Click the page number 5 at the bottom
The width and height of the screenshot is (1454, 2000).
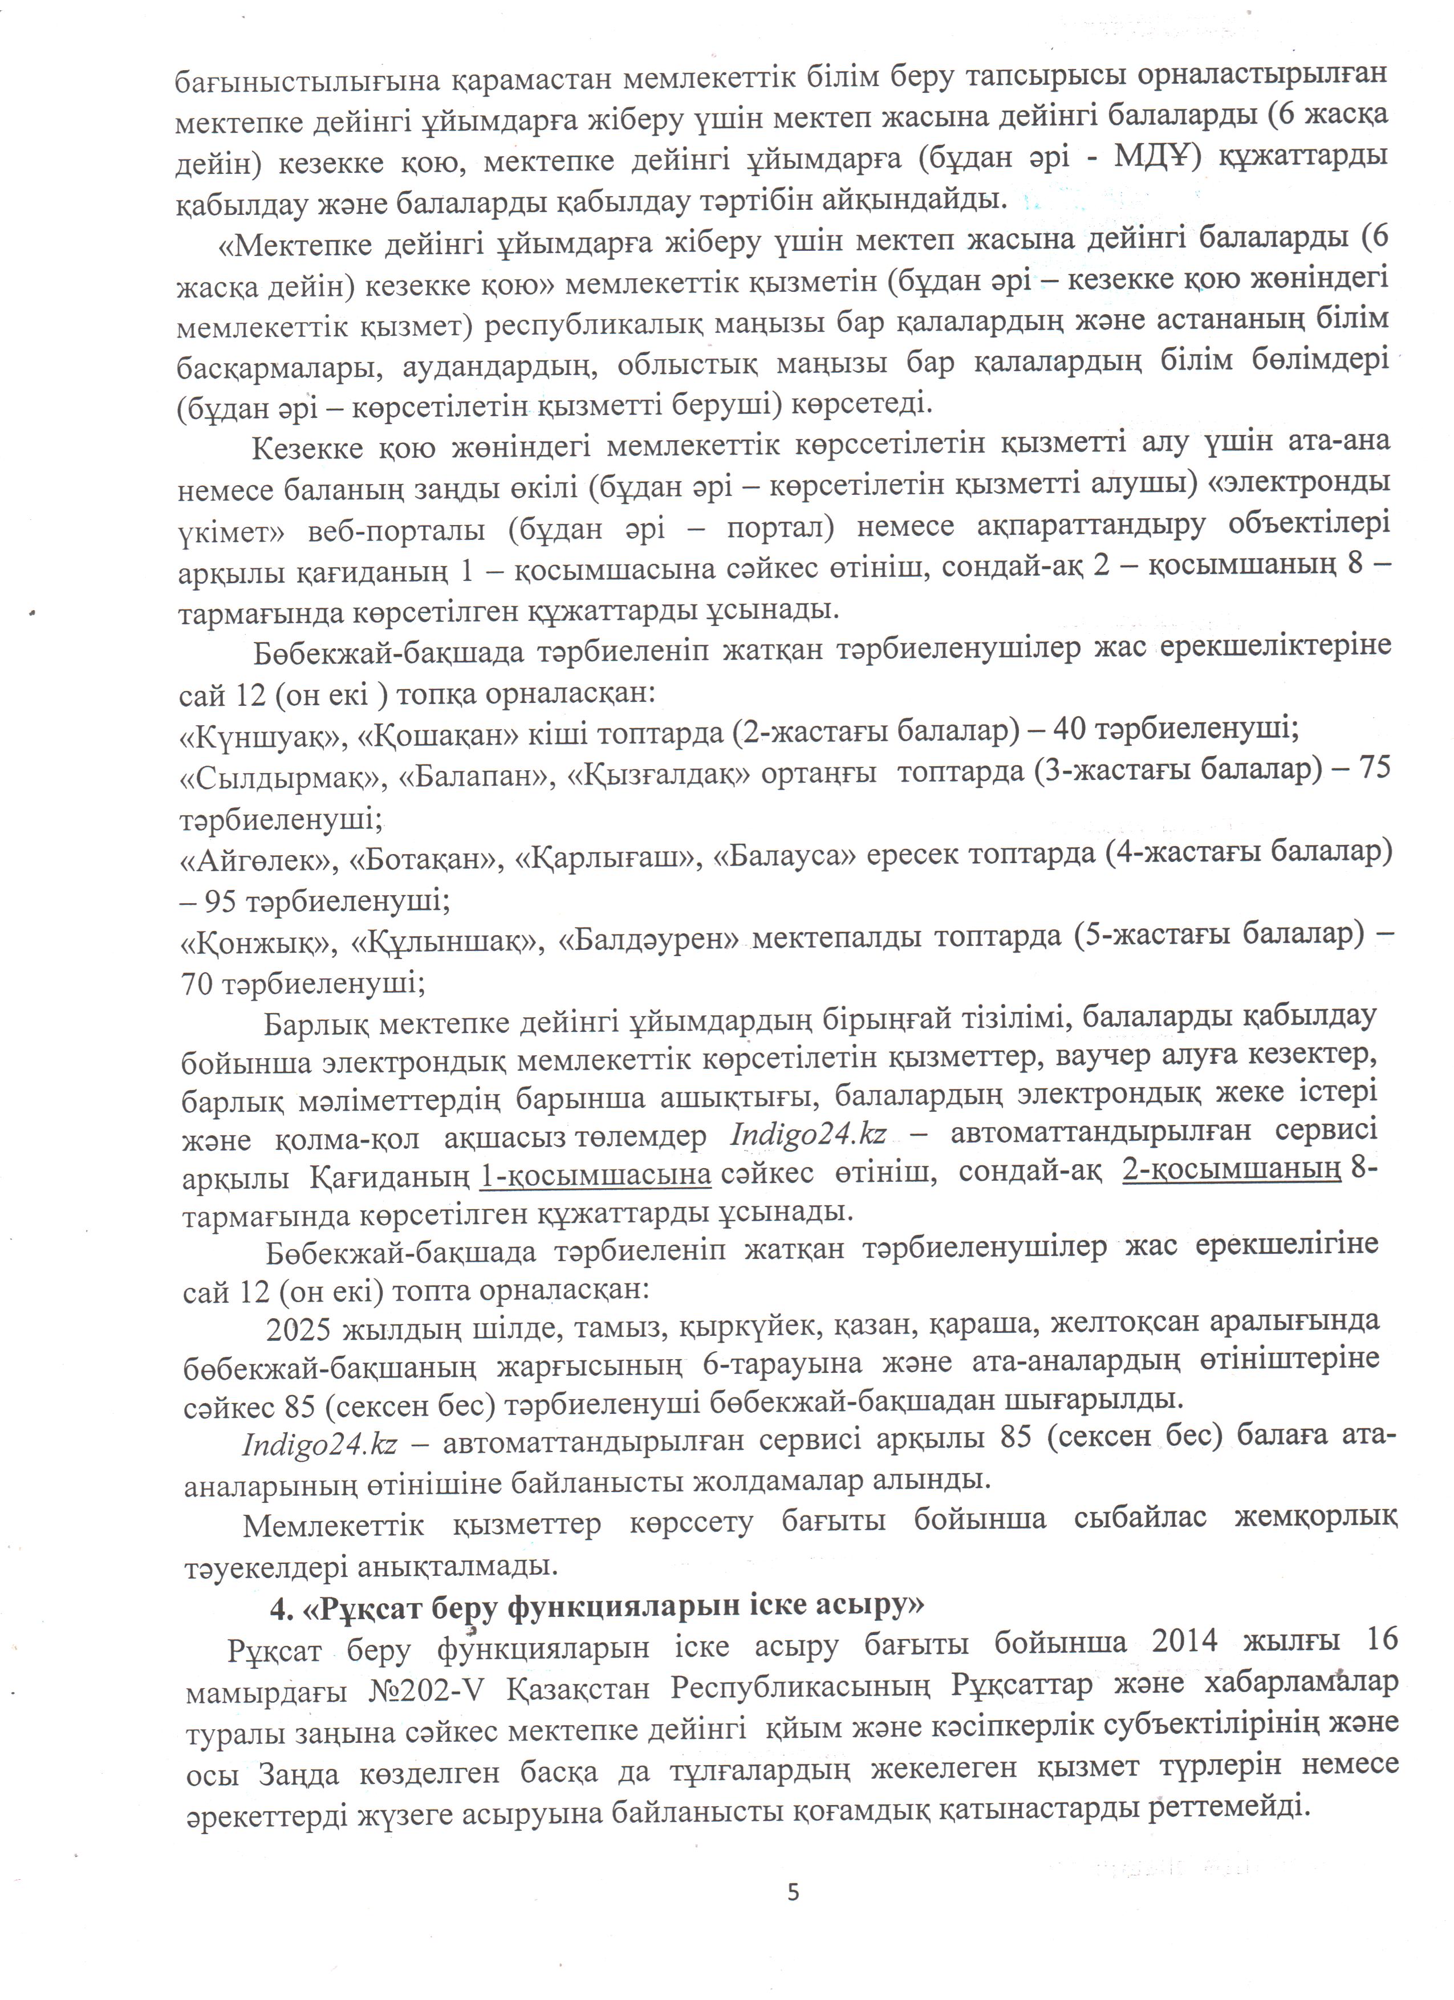(793, 1892)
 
